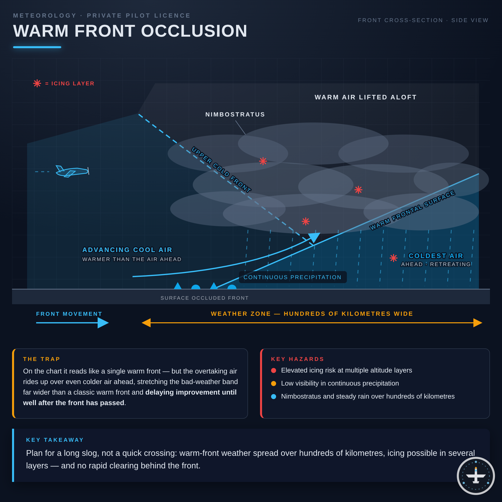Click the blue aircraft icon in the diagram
pos(72,171)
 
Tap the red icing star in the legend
pos(37,83)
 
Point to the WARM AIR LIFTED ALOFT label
pos(366,97)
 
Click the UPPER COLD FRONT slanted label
pos(221,170)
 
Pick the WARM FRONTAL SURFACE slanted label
pos(412,210)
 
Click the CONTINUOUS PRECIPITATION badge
pos(293,277)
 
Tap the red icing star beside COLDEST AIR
pos(393,258)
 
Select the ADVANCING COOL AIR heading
pos(127,250)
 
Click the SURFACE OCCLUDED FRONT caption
pos(205,298)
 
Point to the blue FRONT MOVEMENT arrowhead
pos(103,323)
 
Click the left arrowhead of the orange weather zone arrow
pos(146,323)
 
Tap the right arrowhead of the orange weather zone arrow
pos(478,323)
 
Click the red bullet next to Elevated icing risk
pos(274,370)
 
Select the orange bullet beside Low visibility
pos(274,383)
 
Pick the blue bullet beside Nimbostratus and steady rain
pos(274,396)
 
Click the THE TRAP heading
pos(42,359)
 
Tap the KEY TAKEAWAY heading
pos(55,440)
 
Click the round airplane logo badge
pos(476,476)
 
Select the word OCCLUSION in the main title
pos(194,31)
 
